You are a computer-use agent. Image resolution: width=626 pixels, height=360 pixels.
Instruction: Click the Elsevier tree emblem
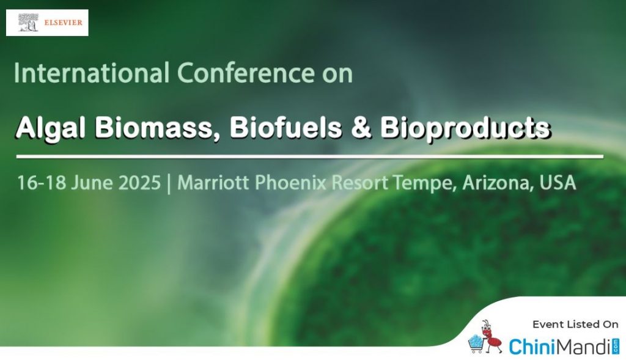[28, 23]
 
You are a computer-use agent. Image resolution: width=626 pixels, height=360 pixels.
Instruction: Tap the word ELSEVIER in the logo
[63, 23]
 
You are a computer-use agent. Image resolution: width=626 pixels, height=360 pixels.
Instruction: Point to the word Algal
[50, 128]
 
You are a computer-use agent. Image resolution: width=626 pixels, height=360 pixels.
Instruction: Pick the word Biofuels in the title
[285, 128]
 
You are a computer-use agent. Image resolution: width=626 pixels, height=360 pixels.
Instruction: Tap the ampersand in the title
[361, 128]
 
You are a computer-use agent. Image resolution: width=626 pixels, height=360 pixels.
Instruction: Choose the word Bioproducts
[465, 128]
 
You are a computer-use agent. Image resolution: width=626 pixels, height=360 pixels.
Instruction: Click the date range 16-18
[42, 183]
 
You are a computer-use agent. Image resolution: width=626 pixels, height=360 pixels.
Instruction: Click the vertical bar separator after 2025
[169, 183]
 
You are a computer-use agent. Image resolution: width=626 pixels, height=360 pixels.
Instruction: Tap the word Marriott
[213, 183]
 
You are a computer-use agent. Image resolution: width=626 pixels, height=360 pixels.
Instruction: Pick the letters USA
[558, 183]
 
